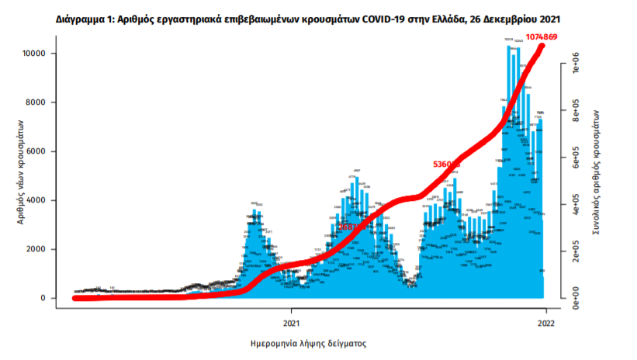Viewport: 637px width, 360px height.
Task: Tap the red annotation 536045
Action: [x=446, y=164]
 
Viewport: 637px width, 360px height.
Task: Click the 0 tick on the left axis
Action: [x=46, y=298]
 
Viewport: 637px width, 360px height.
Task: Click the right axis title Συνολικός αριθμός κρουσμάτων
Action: [x=598, y=172]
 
